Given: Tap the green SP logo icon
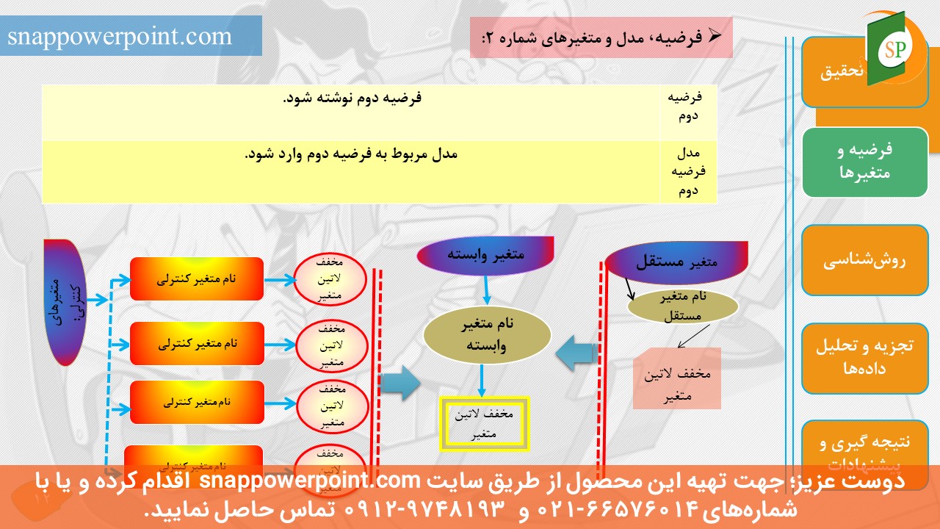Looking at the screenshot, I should coord(894,48).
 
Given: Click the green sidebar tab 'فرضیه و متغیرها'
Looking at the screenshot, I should coord(864,162).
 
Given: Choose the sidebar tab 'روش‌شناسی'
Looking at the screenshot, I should coord(864,260).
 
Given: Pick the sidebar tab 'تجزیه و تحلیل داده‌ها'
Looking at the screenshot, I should coord(864,358).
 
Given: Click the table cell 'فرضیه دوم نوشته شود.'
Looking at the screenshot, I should coord(352,98).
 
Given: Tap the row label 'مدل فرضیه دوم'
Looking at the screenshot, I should coord(689,172).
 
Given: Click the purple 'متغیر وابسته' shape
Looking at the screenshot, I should coord(485,255).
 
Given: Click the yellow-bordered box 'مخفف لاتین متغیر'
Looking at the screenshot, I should coord(484,425).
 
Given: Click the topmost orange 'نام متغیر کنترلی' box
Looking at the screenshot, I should coord(196,279).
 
